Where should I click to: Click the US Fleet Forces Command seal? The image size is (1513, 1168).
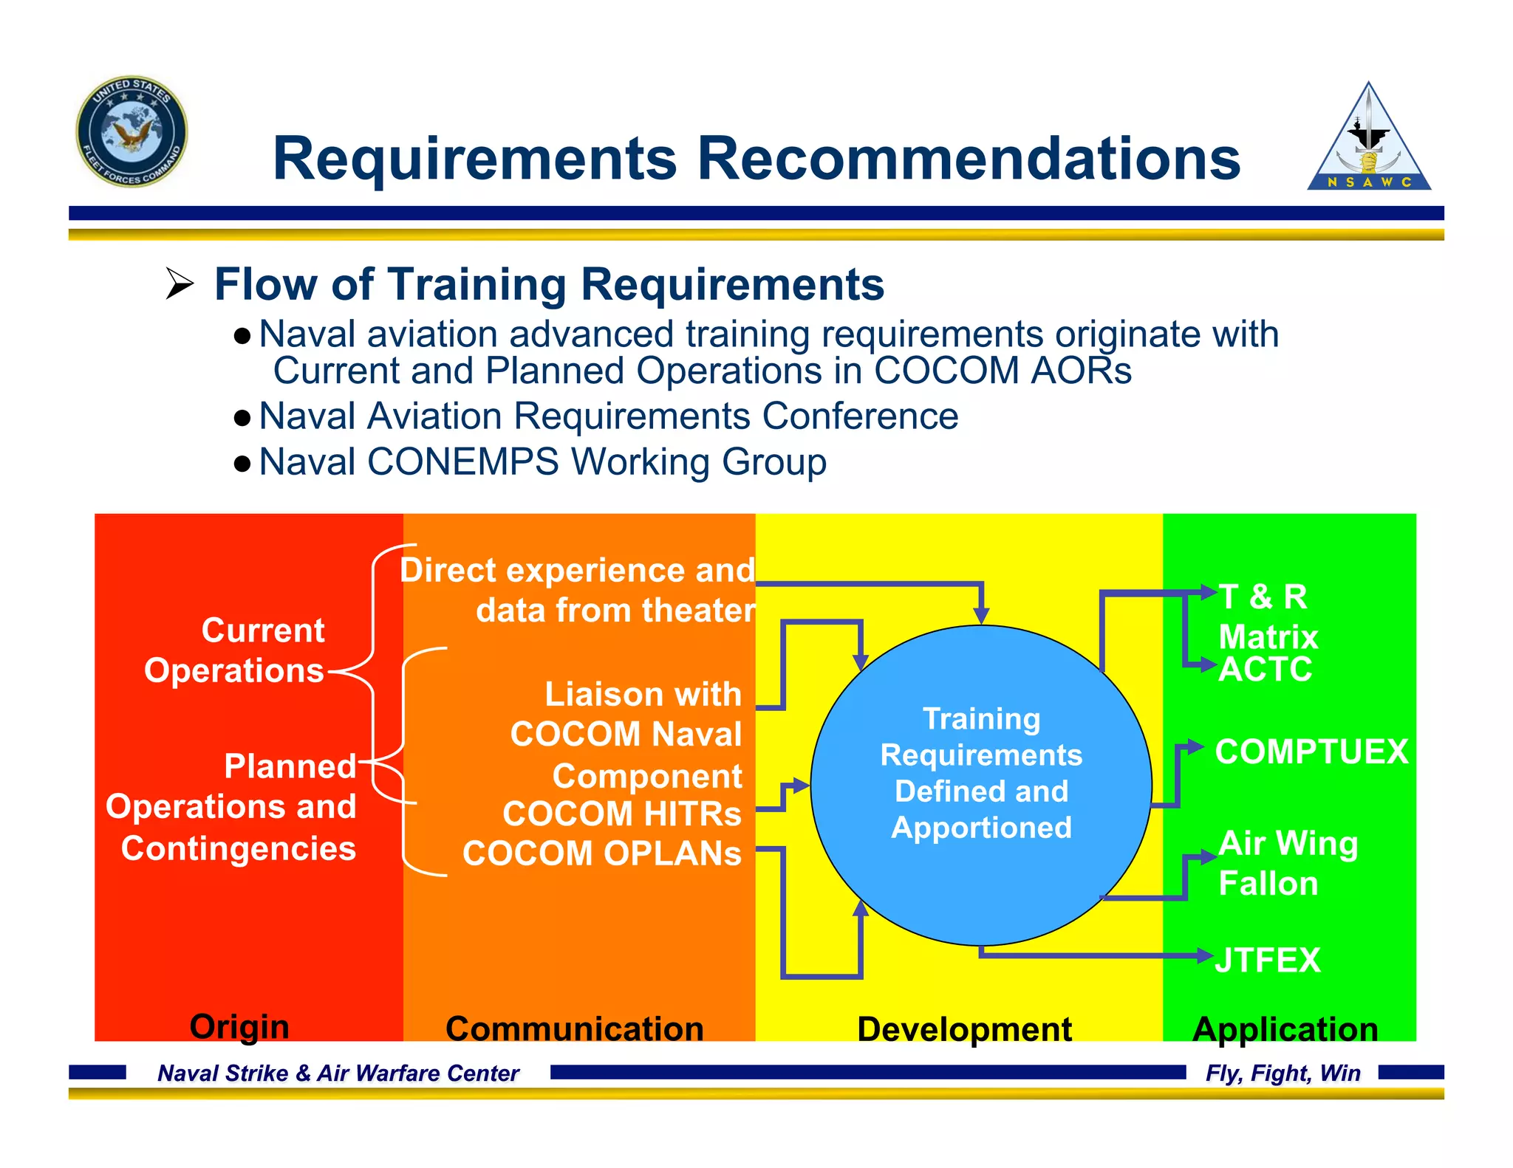(132, 131)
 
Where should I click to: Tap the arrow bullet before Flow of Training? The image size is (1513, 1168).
(180, 284)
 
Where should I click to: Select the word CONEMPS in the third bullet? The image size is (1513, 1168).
(462, 462)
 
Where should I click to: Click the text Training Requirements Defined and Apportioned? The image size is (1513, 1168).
(981, 772)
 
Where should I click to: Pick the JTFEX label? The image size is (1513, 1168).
(1268, 960)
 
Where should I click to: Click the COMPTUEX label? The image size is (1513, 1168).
(1311, 752)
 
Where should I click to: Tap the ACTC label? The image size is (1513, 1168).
(1266, 669)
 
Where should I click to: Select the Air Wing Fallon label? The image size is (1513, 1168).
(1288, 863)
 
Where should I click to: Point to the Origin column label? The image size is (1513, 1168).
(239, 1026)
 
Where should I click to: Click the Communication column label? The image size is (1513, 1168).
(574, 1028)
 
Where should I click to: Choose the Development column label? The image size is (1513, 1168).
(964, 1028)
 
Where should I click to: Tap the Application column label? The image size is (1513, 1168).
(1285, 1028)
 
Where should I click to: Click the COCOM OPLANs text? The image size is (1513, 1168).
(601, 853)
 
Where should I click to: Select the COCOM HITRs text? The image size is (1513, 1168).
(621, 814)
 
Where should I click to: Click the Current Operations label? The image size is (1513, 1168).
(235, 650)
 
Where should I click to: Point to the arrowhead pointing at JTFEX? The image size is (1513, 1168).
(1206, 956)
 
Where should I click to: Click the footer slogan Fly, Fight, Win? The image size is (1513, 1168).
(1283, 1073)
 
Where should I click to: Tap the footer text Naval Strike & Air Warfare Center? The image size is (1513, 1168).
(338, 1073)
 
